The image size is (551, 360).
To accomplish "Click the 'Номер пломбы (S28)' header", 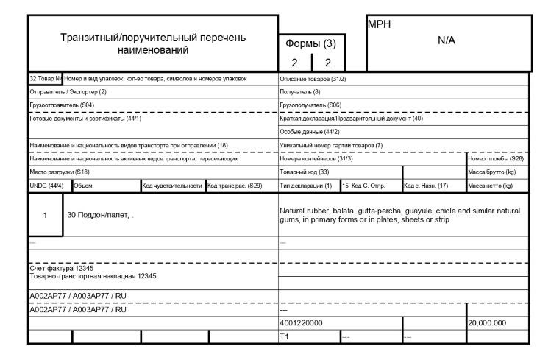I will (495, 158).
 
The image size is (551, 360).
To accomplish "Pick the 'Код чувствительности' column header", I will (171, 186).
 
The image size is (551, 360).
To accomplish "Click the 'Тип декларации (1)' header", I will (307, 186).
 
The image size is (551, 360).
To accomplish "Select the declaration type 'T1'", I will (286, 336).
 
